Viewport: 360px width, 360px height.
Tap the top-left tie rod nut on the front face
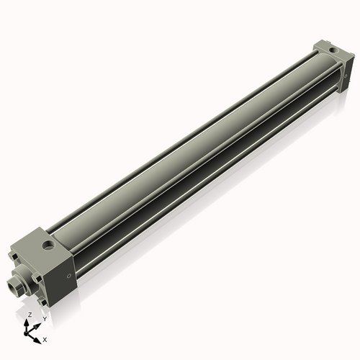16,254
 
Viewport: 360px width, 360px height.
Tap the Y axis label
44,318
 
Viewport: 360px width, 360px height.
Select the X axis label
45,338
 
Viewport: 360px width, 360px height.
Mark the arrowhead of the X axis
39,336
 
